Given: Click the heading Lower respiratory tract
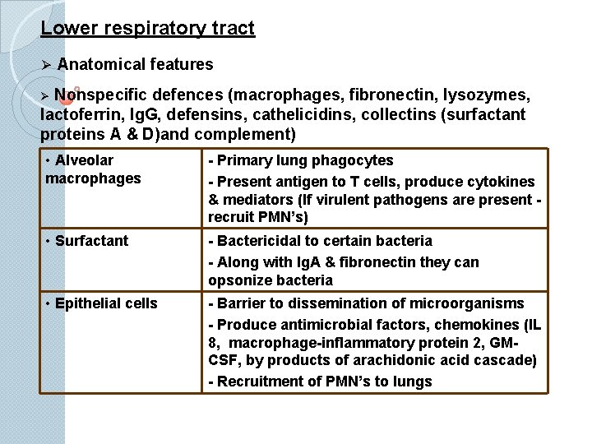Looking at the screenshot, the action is [x=148, y=29].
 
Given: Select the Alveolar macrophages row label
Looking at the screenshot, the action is [x=92, y=169].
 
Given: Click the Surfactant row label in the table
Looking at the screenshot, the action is [x=91, y=241].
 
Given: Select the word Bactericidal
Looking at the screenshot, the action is [x=260, y=241].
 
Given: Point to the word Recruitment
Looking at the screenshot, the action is [x=261, y=381].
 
